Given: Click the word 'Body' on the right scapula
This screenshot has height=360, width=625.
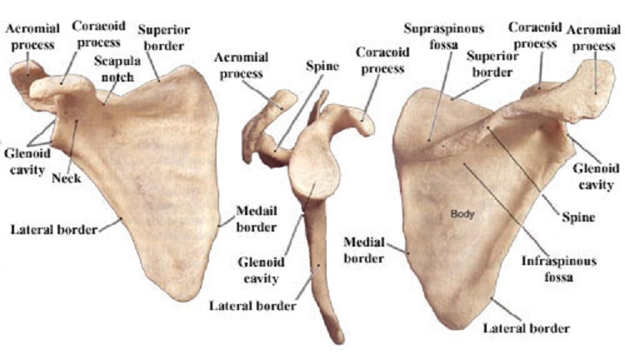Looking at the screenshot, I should pyautogui.click(x=462, y=213).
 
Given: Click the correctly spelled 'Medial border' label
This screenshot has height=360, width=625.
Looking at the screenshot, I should pyautogui.click(x=365, y=249).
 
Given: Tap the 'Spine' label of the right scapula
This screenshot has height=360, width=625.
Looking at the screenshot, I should pyautogui.click(x=577, y=218).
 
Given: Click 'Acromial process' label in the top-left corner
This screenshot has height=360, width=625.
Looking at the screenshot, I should pyautogui.click(x=32, y=35).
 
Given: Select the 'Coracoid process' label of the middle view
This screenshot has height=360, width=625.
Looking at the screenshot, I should pyautogui.click(x=381, y=57).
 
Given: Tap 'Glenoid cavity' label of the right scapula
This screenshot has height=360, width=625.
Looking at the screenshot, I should pyautogui.click(x=595, y=174).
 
